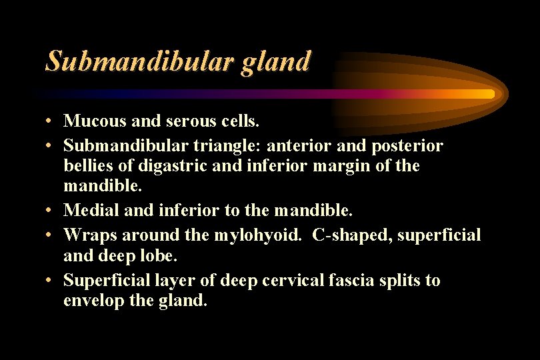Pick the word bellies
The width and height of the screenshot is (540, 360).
[87, 165]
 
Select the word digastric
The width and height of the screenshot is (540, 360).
[169, 165]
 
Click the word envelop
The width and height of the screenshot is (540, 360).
[92, 301]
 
